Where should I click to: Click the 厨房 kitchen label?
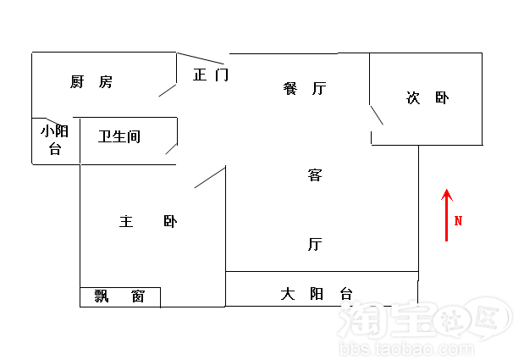tap(91, 82)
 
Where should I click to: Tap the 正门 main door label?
tap(211, 75)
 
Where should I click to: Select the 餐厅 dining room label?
tap(306, 88)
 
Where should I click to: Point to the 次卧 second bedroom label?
tap(428, 98)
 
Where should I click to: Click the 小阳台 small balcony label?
tap(55, 140)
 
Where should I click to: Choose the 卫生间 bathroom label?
tap(119, 136)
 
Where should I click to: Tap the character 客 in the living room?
tap(315, 176)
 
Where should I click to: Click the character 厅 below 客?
tap(315, 245)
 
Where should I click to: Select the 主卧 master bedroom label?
tap(148, 222)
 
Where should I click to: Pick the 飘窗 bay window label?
tap(119, 296)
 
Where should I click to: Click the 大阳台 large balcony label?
tap(317, 295)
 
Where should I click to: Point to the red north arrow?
tap(447, 216)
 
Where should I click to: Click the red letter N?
tap(459, 221)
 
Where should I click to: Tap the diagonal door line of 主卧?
tap(210, 177)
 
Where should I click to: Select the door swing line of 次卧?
tap(377, 115)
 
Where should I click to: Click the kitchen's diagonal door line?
tap(168, 90)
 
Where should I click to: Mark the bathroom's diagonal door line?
tap(171, 149)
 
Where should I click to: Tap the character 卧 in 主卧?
tap(171, 222)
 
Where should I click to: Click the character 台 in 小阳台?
tap(55, 149)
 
